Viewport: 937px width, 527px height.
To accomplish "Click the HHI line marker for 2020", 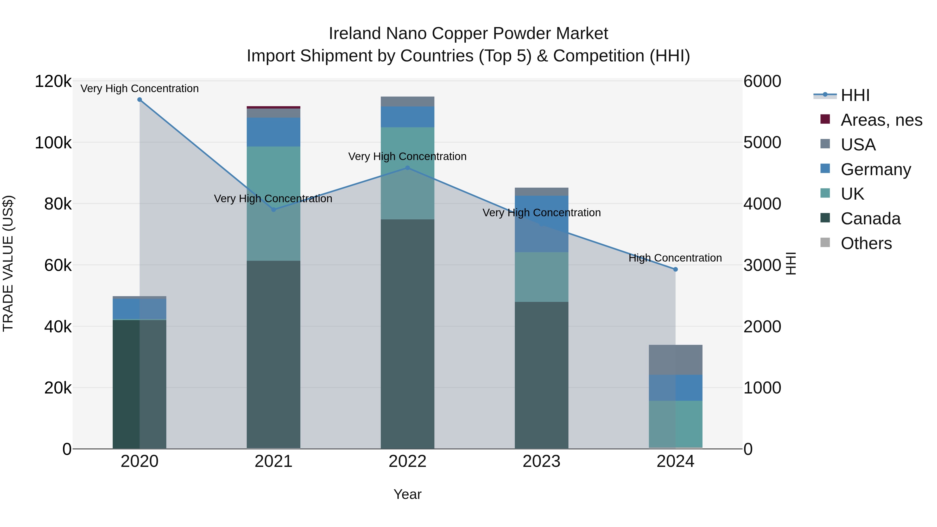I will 140,100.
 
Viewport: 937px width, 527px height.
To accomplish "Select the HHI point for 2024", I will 675,270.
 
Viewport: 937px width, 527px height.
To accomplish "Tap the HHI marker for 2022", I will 407,168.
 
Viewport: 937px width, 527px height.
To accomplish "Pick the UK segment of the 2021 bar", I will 274,204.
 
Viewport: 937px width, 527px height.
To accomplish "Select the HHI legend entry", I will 855,95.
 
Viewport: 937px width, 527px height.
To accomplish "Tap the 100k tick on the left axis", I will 53,143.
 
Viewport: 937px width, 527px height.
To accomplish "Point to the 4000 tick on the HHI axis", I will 762,204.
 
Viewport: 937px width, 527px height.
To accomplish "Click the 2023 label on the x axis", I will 542,461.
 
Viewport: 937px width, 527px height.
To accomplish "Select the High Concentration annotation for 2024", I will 675,258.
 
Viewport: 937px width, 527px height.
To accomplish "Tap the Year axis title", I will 407,494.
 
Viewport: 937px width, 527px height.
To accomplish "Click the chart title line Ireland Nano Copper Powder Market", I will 468,34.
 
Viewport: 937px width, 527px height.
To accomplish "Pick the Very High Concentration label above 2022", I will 407,156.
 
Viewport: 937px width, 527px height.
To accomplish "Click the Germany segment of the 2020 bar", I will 140,309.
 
